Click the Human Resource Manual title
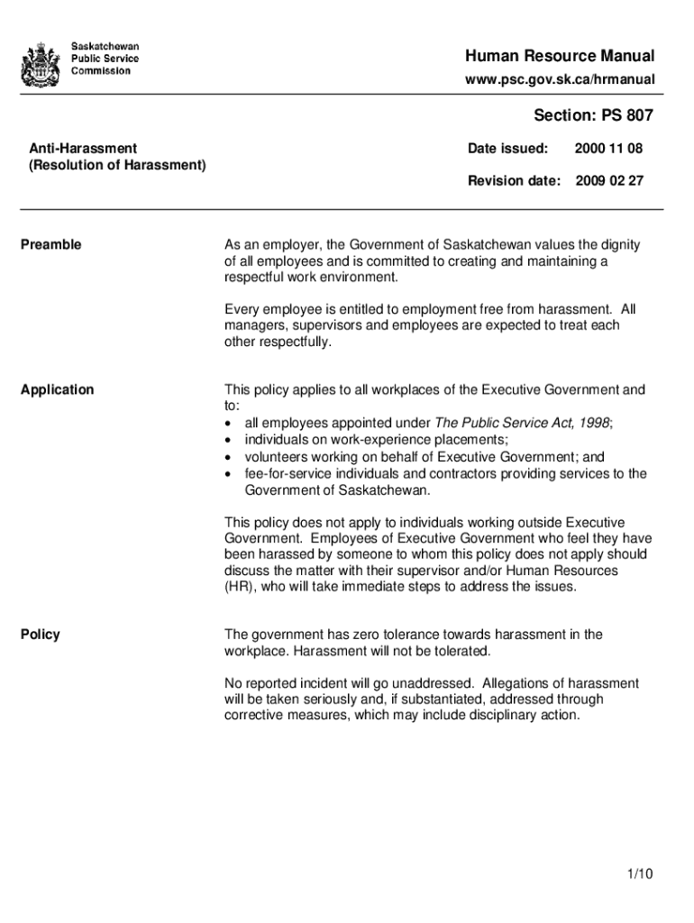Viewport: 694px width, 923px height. click(560, 57)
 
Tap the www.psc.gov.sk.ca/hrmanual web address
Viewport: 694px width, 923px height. click(560, 81)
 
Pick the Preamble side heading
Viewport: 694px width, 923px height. click(51, 244)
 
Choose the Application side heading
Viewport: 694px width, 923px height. click(58, 389)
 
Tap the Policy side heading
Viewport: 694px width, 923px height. click(41, 635)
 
